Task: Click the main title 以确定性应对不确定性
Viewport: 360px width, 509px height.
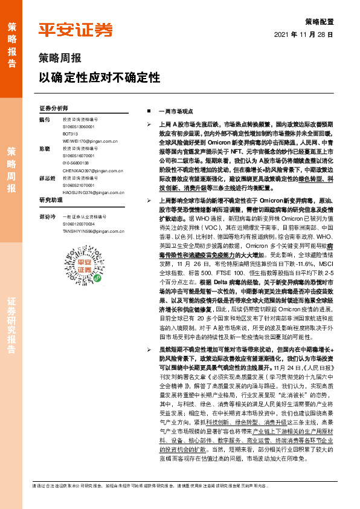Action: click(x=99, y=78)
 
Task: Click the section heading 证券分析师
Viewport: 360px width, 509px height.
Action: click(x=54, y=108)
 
